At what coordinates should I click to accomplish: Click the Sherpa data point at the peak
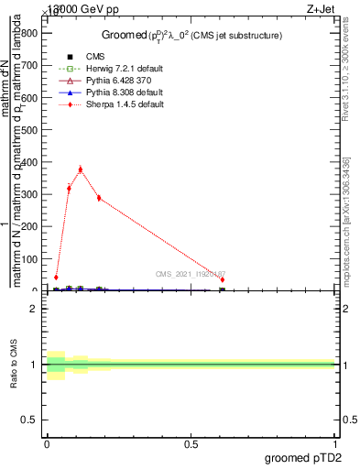[81, 169]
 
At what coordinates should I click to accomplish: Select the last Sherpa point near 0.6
[223, 280]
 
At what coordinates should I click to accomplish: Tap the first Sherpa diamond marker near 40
[57, 278]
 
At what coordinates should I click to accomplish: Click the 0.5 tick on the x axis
[191, 443]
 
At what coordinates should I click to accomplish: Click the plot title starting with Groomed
[191, 36]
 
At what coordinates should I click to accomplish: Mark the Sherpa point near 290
[99, 198]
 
